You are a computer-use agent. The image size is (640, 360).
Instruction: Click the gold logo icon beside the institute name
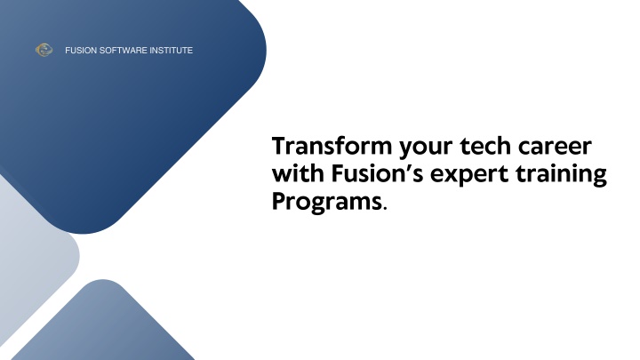tap(44, 50)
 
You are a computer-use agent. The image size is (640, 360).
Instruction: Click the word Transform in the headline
tap(332, 146)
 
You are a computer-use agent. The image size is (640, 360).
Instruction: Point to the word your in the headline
tap(426, 149)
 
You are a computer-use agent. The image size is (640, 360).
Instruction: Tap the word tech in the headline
tap(485, 146)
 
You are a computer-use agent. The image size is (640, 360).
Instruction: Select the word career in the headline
tap(555, 148)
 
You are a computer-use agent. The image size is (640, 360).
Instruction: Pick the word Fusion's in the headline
tap(377, 173)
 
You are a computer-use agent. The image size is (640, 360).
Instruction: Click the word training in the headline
tap(561, 175)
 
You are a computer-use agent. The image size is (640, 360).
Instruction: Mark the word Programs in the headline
tap(327, 203)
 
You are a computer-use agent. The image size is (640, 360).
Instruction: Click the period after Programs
tap(385, 209)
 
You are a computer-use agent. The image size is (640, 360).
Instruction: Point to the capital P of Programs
tap(279, 201)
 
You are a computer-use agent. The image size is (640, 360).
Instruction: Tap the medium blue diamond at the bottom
tap(104, 323)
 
